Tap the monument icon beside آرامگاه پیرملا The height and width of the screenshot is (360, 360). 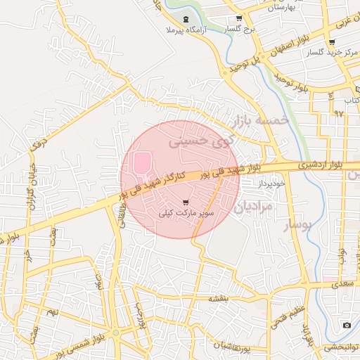pos(185,19)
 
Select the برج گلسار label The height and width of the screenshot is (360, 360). pos(239,30)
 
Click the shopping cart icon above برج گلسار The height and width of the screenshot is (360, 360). pos(239,18)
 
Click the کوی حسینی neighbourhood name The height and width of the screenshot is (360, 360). pos(199,141)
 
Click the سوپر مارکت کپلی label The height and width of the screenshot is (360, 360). pos(185,212)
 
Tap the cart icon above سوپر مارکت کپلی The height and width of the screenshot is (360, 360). pos(186,202)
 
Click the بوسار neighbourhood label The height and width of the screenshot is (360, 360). pos(296,226)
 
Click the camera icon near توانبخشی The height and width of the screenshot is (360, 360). pos(347,325)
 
